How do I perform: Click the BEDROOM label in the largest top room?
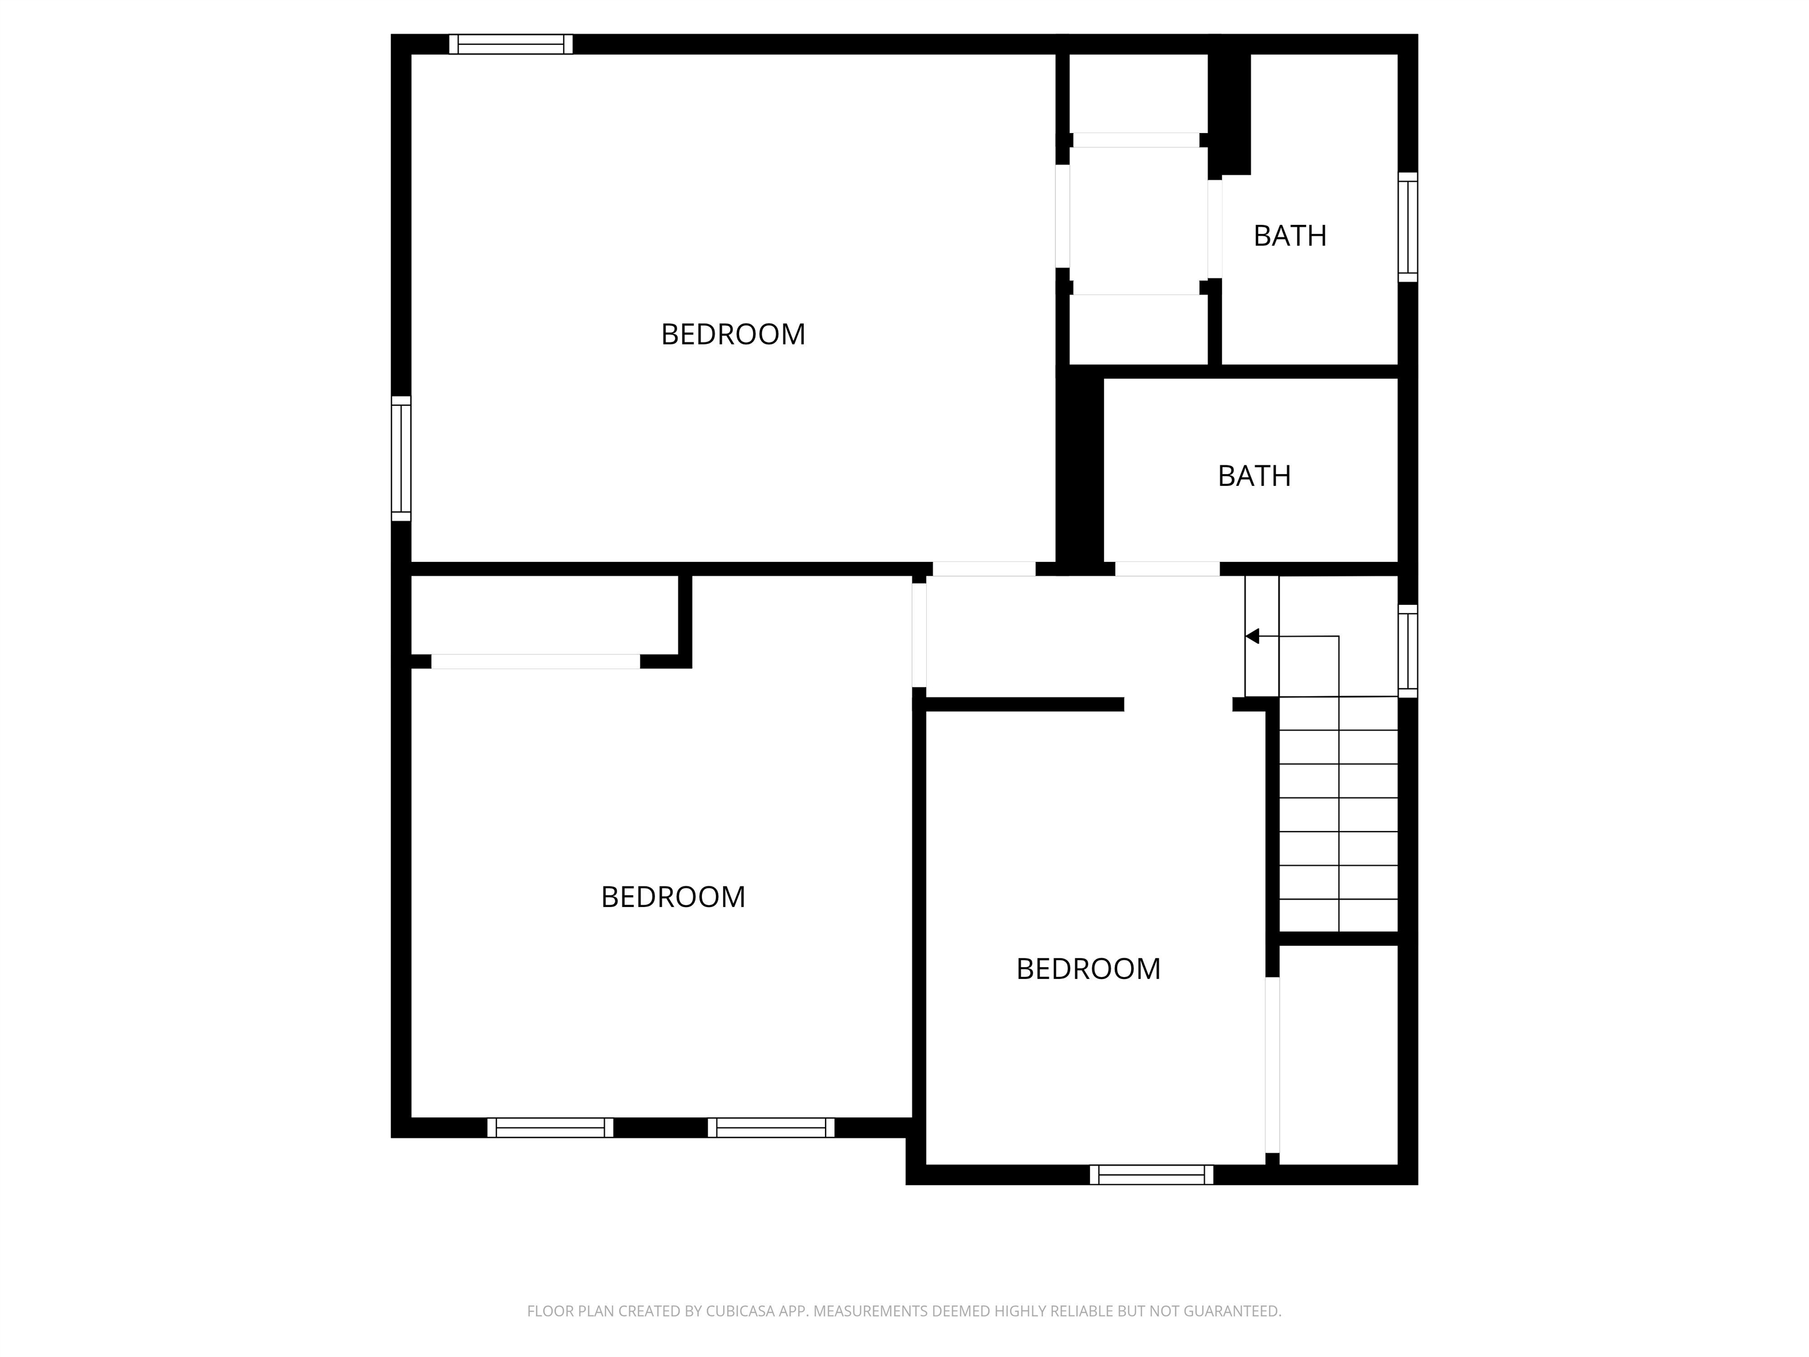733,335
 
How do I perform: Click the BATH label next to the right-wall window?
1290,236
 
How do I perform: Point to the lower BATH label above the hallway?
1254,476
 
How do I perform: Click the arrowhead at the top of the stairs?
1252,636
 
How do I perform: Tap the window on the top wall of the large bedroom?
511,44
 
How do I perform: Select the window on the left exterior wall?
401,459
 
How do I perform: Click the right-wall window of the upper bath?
1407,227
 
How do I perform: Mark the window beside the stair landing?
1407,651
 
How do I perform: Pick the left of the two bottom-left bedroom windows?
551,1127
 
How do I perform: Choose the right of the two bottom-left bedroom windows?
771,1127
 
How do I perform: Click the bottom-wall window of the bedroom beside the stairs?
1151,1174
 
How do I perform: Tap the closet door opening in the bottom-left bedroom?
536,662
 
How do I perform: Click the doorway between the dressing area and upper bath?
1215,229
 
